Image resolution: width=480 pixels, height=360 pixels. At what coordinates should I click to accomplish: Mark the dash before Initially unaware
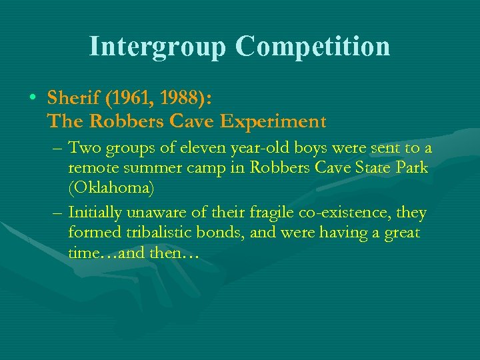pyautogui.click(x=57, y=213)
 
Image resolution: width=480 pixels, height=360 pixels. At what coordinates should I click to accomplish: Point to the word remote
pyautogui.click(x=92, y=168)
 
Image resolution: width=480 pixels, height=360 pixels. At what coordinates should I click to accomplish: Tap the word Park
pyautogui.click(x=411, y=168)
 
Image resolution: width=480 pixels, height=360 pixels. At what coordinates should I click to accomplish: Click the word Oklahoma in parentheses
pyautogui.click(x=111, y=189)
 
